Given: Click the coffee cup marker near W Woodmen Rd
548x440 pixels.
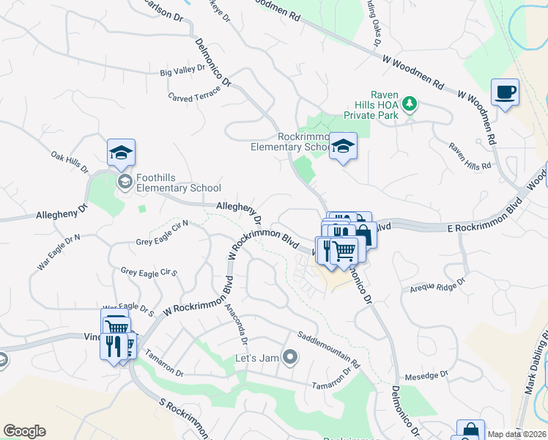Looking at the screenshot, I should (505, 92).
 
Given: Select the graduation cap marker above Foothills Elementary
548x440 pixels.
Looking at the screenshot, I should (121, 153).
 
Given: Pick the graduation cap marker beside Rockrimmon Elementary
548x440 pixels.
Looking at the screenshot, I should (342, 146).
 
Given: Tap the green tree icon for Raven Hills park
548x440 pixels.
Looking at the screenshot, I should (410, 105).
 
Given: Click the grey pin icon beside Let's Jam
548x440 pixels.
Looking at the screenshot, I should (290, 358).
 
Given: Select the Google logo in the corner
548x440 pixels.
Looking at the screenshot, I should (24, 431).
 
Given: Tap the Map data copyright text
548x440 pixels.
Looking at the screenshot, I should (516, 434).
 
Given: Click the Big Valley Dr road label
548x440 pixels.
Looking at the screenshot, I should (182, 72).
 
